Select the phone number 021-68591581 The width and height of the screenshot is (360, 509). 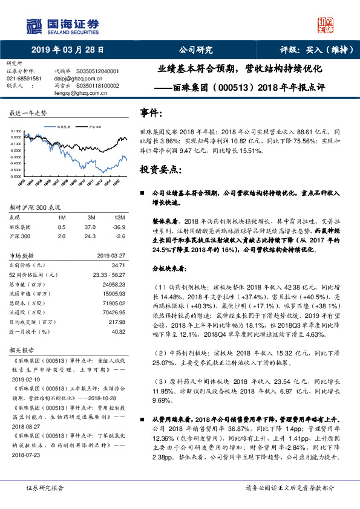pyautogui.click(x=24, y=79)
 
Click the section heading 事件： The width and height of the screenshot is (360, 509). pyautogui.click(x=151, y=113)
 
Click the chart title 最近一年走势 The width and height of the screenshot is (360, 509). pyautogui.click(x=28, y=113)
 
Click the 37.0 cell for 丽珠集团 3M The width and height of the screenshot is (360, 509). pyautogui.click(x=93, y=226)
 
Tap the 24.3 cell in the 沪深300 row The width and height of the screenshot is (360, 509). pyautogui.click(x=93, y=235)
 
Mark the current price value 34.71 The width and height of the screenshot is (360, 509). pyautogui.click(x=118, y=265)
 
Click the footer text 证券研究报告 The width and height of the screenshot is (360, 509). pyautogui.click(x=45, y=487)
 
